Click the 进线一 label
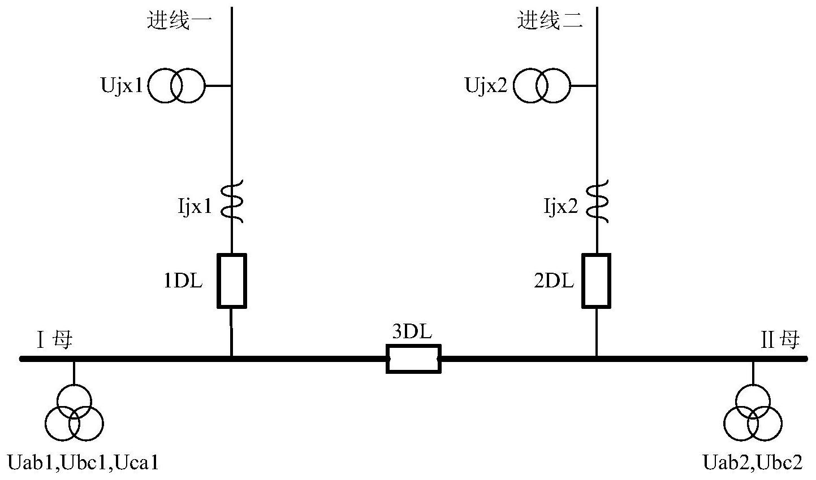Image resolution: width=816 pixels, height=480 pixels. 179,21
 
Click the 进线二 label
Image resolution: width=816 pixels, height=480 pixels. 550,21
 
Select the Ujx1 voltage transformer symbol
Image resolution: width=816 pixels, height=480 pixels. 176,86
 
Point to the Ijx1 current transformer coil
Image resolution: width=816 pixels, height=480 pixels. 232,200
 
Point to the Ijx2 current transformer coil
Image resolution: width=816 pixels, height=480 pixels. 597,200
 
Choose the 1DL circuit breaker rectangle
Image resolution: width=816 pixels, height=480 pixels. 232,281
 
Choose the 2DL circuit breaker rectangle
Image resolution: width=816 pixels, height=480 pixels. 597,281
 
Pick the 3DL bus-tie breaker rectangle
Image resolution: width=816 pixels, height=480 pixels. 413,359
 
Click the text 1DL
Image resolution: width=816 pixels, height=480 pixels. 183,281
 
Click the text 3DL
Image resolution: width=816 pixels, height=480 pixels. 412,332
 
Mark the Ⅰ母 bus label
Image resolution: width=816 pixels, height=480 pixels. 55,341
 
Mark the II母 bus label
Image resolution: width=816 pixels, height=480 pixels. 780,341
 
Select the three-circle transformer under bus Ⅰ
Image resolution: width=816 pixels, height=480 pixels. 74,413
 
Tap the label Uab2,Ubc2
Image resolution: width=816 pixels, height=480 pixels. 752,464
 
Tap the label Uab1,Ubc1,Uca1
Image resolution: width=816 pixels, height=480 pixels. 82,464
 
